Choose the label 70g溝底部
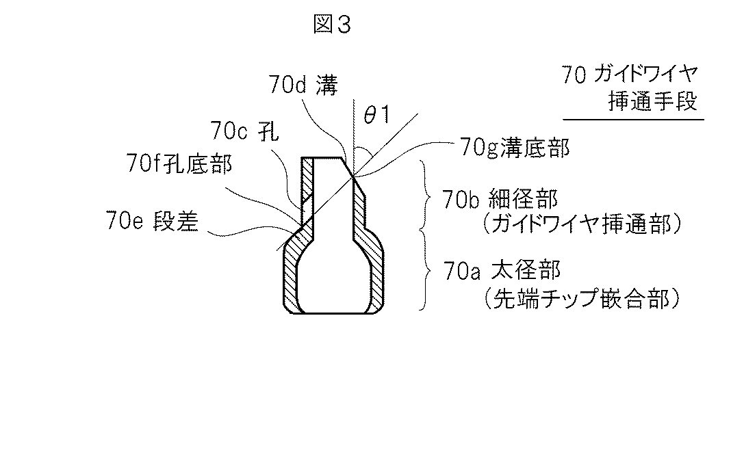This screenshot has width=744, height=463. pos(515,148)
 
